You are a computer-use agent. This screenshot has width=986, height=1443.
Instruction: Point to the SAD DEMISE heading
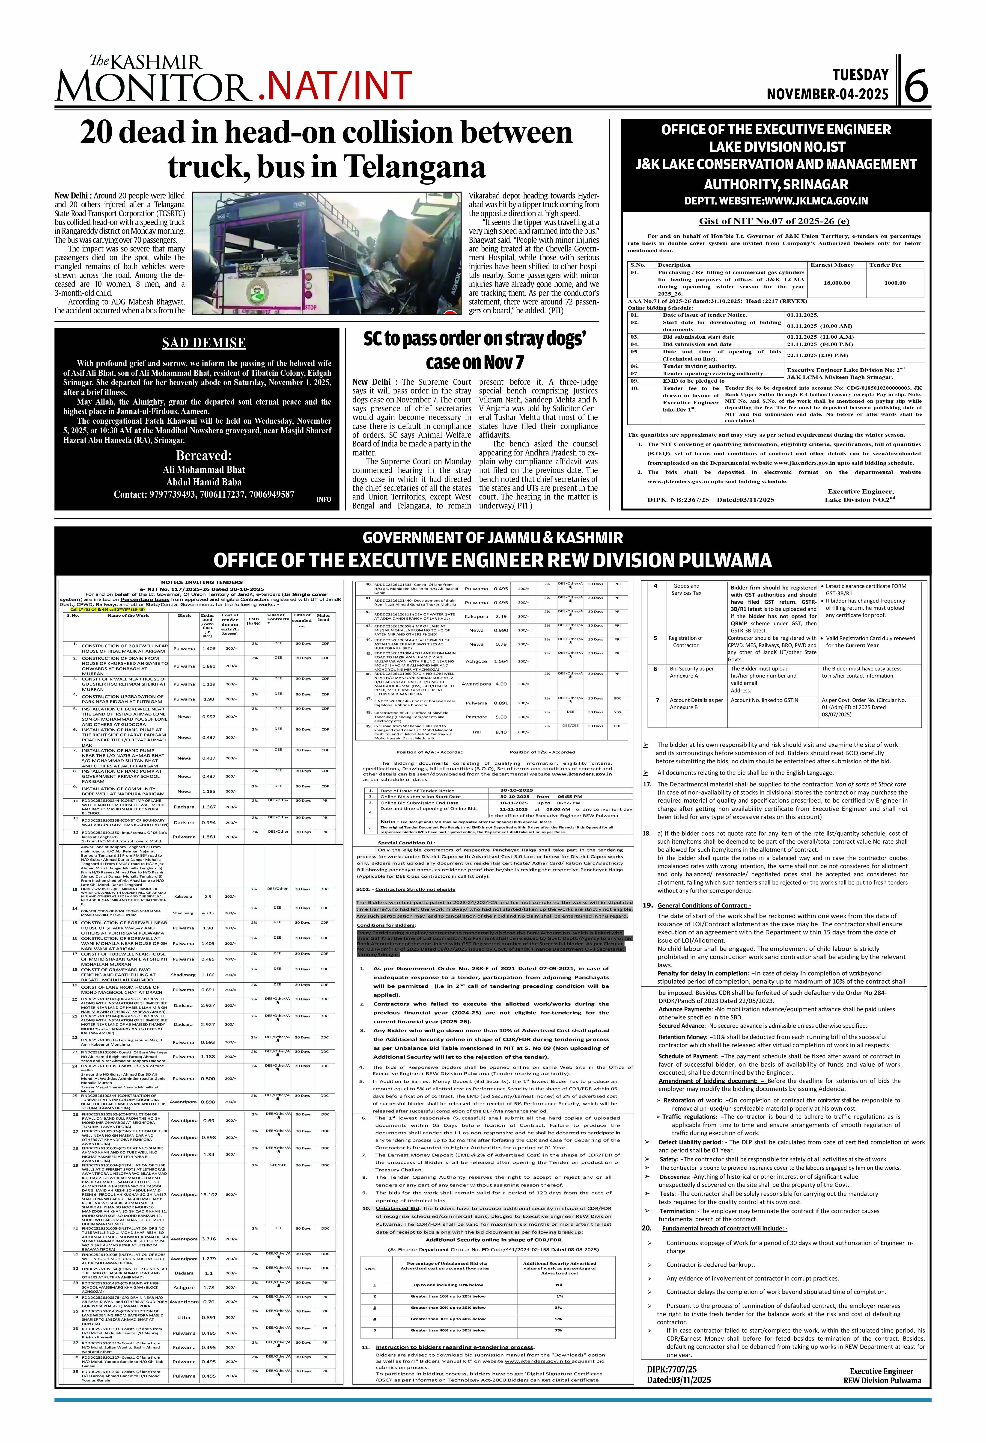[x=204, y=343]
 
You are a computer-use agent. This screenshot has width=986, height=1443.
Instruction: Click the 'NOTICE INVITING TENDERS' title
[x=202, y=583]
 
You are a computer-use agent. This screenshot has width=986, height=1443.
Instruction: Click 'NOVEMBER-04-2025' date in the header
[x=827, y=94]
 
